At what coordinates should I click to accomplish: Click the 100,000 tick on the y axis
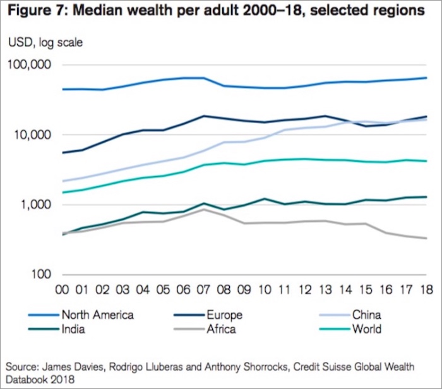tap(29, 66)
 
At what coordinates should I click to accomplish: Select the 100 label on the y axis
tap(42, 275)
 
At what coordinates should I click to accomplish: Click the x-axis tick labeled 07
tap(203, 290)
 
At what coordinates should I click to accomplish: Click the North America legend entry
tap(97, 314)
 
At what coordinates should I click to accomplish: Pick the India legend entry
tap(74, 328)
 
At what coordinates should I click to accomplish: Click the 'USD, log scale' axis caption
tap(45, 43)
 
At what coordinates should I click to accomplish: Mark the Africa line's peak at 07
tap(203, 209)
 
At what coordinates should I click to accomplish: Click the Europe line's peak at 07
tap(203, 116)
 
